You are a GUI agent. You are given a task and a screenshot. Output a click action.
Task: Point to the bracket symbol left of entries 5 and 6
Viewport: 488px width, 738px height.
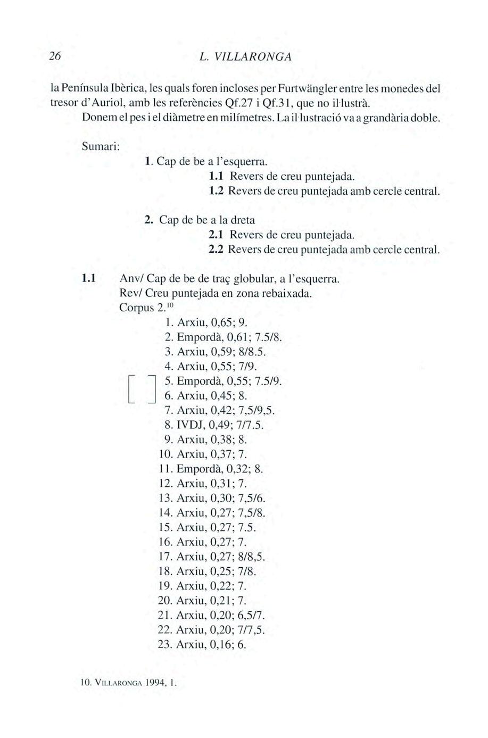tap(141, 389)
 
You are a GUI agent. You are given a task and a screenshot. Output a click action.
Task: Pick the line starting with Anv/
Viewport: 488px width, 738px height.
tap(229, 278)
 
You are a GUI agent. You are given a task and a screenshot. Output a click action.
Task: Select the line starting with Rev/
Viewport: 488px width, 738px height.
tap(216, 293)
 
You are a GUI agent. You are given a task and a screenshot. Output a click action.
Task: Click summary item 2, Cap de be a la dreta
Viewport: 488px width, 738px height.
tap(200, 219)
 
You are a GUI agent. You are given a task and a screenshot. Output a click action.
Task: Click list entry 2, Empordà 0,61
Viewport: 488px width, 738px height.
tap(224, 337)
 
